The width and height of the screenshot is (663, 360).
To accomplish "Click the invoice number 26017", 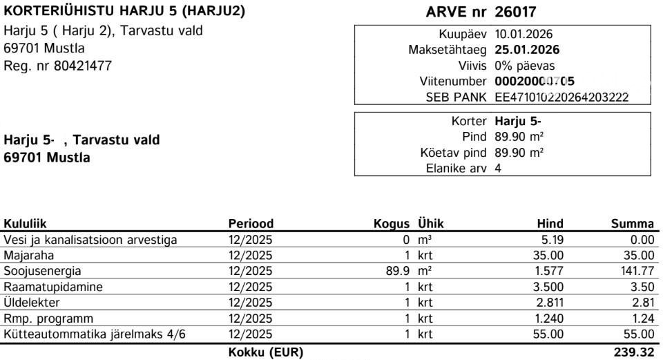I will tap(515, 12).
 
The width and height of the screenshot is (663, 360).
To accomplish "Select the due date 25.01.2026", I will tap(527, 50).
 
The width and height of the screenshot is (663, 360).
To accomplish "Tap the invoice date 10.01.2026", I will tap(523, 35).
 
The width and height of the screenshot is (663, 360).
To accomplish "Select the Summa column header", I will tap(632, 224).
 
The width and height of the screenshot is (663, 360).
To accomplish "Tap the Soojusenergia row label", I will tap(42, 272).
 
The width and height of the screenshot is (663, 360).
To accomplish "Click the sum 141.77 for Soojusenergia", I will tap(637, 272).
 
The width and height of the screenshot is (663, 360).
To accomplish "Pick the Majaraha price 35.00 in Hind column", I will tap(549, 256).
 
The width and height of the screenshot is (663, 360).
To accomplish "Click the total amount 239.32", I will tap(633, 352).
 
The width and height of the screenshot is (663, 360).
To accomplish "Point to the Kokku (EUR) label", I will tap(265, 352).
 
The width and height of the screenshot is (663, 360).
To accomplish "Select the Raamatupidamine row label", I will tap(53, 287).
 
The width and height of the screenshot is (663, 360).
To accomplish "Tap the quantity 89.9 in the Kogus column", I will tap(398, 272).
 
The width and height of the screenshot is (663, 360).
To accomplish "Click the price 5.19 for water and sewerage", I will tap(552, 240).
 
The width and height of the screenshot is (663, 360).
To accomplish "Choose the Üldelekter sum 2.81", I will tap(642, 303).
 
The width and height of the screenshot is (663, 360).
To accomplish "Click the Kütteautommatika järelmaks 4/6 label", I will tap(95, 334).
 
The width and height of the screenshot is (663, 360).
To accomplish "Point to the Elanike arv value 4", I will tap(499, 168).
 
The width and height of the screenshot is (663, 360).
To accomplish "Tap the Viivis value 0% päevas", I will tap(525, 66).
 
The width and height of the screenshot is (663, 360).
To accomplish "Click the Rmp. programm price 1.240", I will tap(549, 319).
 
